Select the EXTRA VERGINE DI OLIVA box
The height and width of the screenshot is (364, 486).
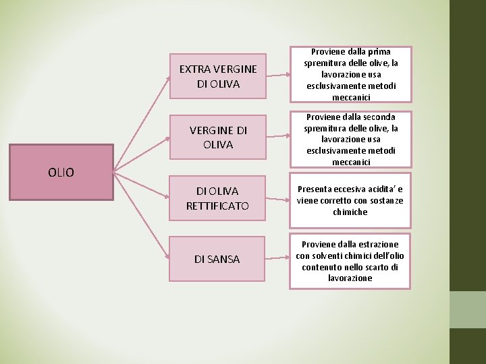point(217,76)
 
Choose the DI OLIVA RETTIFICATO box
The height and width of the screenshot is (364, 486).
point(217,198)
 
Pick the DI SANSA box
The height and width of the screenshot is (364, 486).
point(217,259)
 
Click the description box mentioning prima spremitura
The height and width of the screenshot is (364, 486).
point(350,74)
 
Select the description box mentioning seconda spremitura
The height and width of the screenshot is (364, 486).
point(350,139)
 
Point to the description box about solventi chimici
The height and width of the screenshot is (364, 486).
point(350,260)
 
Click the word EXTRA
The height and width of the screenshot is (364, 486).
point(194,69)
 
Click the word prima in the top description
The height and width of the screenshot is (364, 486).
point(379,51)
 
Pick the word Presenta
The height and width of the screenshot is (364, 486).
point(314,189)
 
